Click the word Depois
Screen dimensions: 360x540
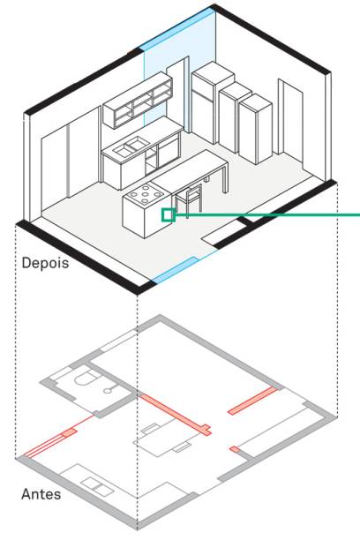45,263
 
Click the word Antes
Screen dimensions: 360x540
41,494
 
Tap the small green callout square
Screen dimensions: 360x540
168,215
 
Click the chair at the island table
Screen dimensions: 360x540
189,199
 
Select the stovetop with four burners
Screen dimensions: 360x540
146,193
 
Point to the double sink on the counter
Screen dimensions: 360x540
131,146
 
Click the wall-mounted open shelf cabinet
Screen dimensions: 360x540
139,101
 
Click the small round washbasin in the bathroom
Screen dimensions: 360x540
109,390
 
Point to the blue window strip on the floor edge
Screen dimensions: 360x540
174,270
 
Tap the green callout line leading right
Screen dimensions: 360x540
267,215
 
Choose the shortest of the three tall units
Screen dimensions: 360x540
255,129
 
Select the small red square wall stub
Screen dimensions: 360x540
235,449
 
